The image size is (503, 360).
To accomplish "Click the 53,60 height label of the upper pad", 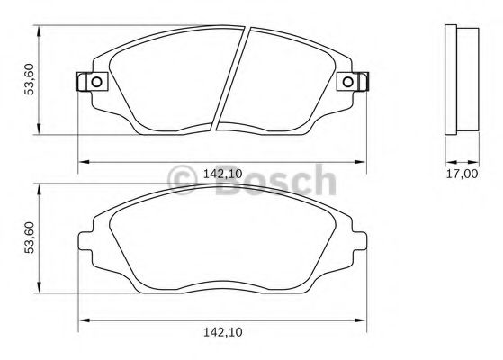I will click(29, 81).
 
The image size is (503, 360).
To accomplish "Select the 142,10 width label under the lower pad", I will click(221, 333).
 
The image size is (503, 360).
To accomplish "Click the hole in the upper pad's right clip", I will click(348, 84).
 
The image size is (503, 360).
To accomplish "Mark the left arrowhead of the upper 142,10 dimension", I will click(84, 162).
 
